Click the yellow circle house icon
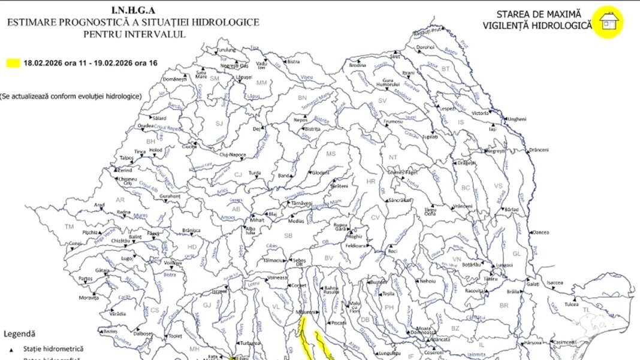[608, 22]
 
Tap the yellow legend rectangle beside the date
[13, 62]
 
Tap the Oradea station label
[146, 126]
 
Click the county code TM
[69, 226]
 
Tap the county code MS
[331, 154]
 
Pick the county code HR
[370, 181]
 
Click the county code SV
[382, 101]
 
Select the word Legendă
[19, 334]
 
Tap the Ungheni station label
[517, 119]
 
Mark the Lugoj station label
[126, 258]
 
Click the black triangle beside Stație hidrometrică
[11, 349]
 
